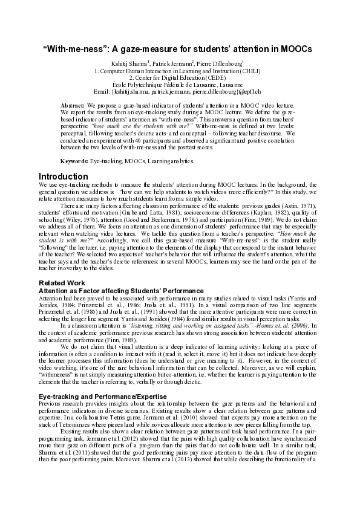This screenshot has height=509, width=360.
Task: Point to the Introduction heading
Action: [x=63, y=177]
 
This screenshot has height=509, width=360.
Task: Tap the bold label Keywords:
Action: [x=75, y=161]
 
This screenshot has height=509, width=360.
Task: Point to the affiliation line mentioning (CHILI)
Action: [x=179, y=71]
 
